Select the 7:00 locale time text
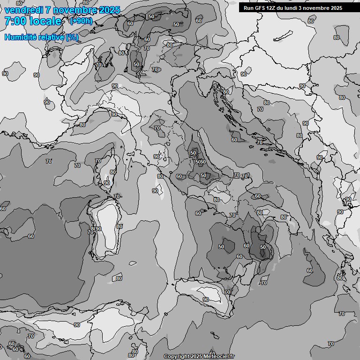[x=33, y=21]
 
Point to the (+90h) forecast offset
[x=81, y=21]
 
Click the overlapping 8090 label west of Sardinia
[x=95, y=229]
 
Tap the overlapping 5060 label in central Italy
[x=200, y=162]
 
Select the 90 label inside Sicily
[x=205, y=300]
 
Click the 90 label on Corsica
[x=107, y=183]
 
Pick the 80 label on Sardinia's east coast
[x=119, y=226]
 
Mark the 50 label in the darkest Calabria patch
[x=262, y=247]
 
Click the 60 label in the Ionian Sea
[x=309, y=270]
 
